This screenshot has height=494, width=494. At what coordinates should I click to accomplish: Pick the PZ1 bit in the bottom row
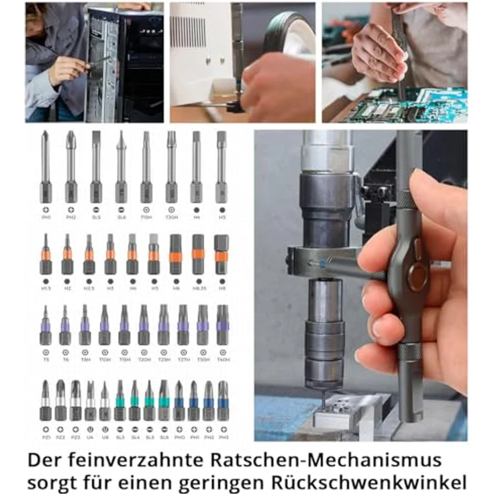pos(45,401)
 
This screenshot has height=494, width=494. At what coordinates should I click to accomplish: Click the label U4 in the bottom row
pos(90,437)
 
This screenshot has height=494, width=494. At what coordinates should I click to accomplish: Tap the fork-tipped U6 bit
pos(105,401)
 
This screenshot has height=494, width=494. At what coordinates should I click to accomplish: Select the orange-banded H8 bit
pos(221,255)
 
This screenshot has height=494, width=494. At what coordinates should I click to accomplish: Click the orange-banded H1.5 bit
pos(46,255)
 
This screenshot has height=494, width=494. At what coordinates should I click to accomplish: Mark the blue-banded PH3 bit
pos(223,401)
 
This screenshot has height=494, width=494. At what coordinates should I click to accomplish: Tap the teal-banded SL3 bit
pos(120,401)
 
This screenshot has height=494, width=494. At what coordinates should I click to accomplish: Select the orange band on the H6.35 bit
pos(198,254)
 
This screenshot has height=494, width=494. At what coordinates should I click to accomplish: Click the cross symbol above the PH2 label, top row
pos(70,209)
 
